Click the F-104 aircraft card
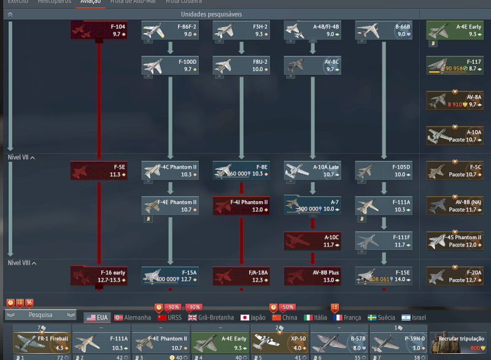[99, 31]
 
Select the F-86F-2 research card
[170, 31]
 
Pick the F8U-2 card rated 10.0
[241, 66]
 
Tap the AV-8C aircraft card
[312, 66]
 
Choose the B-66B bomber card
[384, 31]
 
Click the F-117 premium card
[454, 66]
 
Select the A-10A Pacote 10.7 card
[454, 136]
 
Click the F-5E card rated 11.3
[99, 170]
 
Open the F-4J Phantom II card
[241, 205]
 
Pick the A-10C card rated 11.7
[312, 240]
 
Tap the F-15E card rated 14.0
[384, 275]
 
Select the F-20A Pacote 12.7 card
[454, 275]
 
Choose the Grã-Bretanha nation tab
[211, 318]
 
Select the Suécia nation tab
[381, 318]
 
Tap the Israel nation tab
[414, 318]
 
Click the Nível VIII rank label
[20, 262]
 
